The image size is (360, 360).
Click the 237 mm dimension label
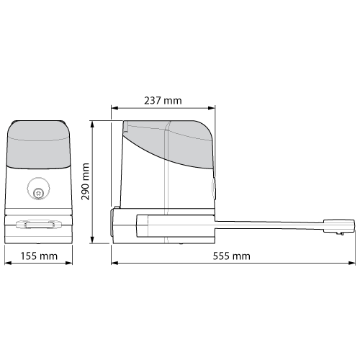163,101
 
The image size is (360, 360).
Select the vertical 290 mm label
86,183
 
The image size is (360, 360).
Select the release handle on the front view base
39,225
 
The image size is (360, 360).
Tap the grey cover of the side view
169,140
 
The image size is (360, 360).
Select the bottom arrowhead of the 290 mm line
94,243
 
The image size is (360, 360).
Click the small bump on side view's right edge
215,186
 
